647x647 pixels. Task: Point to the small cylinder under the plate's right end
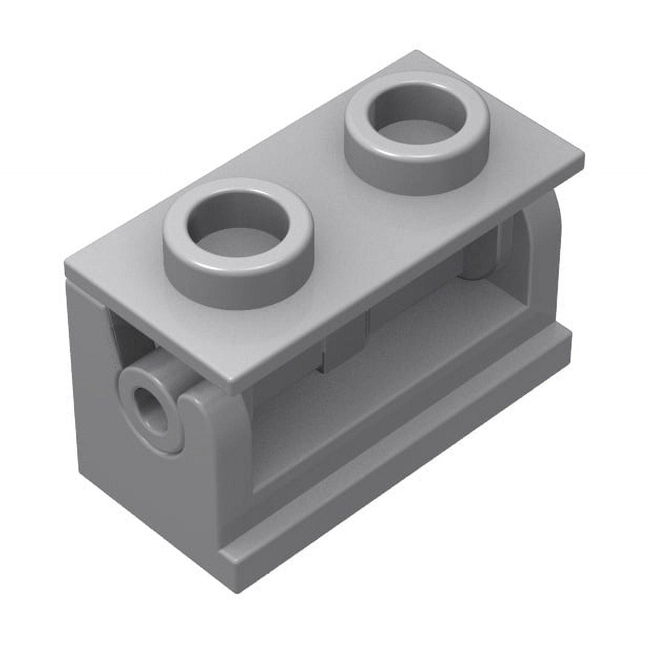(481, 259)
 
